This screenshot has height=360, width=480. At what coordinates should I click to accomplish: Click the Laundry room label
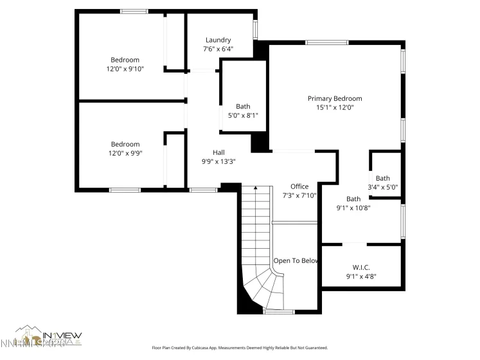pyautogui.click(x=218, y=40)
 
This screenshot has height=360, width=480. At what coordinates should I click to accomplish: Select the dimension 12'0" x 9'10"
pyautogui.click(x=125, y=69)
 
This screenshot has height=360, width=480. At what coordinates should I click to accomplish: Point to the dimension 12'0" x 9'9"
pyautogui.click(x=125, y=154)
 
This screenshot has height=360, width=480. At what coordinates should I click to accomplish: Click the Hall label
pyautogui.click(x=218, y=152)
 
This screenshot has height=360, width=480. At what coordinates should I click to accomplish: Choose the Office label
pyautogui.click(x=299, y=186)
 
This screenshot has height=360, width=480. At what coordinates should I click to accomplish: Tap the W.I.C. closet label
pyautogui.click(x=360, y=267)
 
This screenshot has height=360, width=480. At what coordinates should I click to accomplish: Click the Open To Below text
pyautogui.click(x=296, y=260)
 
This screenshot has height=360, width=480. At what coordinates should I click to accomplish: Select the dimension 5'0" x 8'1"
pyautogui.click(x=243, y=116)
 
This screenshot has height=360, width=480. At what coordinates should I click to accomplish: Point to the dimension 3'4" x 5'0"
pyautogui.click(x=383, y=188)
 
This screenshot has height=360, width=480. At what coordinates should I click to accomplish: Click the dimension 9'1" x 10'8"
pyautogui.click(x=353, y=208)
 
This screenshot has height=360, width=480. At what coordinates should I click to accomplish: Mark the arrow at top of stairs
pyautogui.click(x=255, y=188)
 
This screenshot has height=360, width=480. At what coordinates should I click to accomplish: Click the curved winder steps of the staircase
pyautogui.click(x=263, y=289)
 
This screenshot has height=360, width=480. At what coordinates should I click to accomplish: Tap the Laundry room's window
pyautogui.click(x=255, y=30)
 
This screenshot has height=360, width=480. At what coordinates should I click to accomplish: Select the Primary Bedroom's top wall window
pyautogui.click(x=327, y=42)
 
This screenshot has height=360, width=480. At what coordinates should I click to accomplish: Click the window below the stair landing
pyautogui.click(x=279, y=312)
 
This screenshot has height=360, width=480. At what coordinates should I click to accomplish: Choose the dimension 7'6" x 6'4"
pyautogui.click(x=218, y=49)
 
